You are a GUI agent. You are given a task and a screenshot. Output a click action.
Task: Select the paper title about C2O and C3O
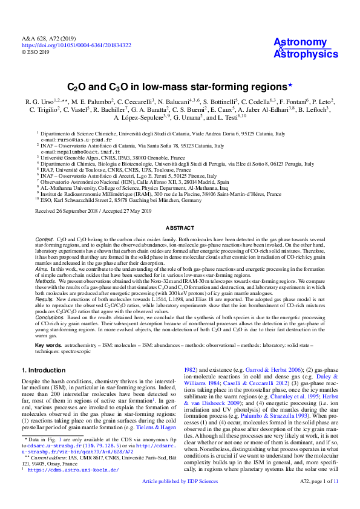(180, 86)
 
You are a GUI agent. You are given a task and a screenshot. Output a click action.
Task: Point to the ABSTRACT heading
(180, 227)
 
